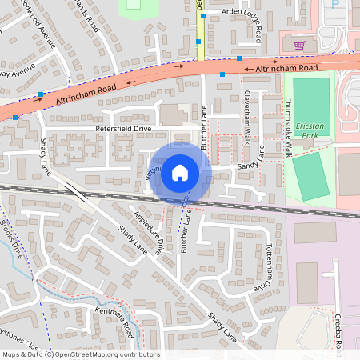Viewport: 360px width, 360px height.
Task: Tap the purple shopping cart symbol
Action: click(x=299, y=45)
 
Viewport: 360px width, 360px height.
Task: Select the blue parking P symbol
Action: click(x=335, y=4)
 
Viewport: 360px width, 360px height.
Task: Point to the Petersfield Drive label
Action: click(x=123, y=127)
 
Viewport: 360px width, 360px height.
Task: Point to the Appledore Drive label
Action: click(x=155, y=234)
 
